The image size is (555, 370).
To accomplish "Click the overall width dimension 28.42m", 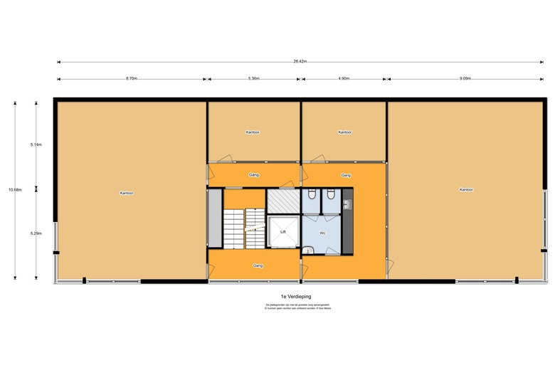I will click(x=300, y=62).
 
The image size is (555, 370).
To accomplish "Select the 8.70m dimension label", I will click(x=132, y=78).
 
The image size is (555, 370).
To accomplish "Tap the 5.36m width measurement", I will click(x=254, y=78).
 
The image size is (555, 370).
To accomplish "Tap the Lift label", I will click(x=283, y=232).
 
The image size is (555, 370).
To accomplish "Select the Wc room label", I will click(x=322, y=232).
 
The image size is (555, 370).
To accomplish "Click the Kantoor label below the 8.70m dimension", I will click(x=127, y=193).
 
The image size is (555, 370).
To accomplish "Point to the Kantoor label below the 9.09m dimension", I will click(x=466, y=190).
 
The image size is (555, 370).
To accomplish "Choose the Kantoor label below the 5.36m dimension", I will click(x=253, y=132).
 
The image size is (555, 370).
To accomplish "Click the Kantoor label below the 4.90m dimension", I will click(x=345, y=132).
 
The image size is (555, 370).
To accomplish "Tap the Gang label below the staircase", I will click(x=258, y=265).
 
